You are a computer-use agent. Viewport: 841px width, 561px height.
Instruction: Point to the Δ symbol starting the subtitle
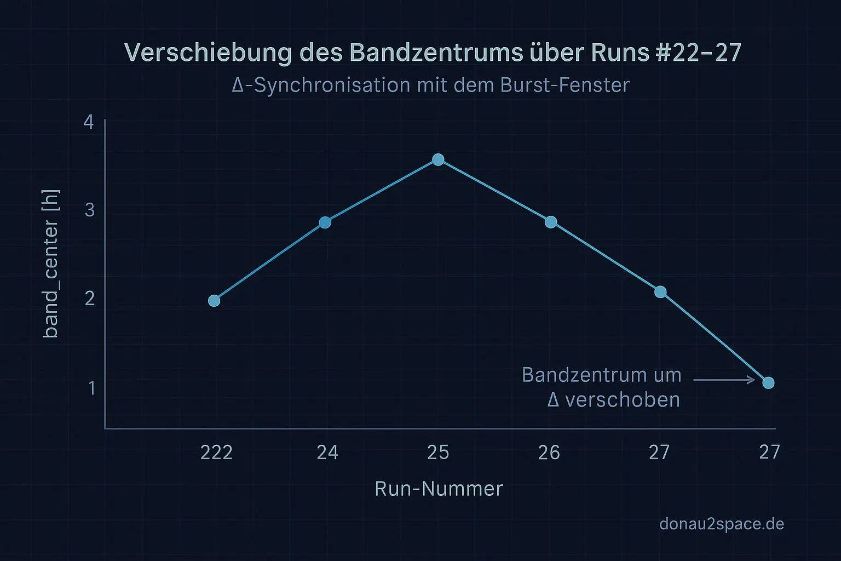click(x=238, y=85)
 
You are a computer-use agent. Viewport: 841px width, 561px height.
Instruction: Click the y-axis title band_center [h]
click(x=51, y=264)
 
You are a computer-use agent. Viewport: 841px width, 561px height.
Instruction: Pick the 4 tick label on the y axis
click(x=89, y=122)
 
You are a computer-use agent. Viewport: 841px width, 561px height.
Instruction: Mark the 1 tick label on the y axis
click(x=91, y=388)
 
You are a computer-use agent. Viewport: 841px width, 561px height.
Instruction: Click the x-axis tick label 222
click(x=216, y=453)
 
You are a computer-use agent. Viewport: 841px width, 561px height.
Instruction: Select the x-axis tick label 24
click(x=327, y=453)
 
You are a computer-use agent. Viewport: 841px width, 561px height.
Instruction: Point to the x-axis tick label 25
click(x=438, y=453)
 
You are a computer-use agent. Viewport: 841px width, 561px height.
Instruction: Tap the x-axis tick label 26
click(x=549, y=453)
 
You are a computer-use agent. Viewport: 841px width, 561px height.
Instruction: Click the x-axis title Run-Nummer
click(x=439, y=489)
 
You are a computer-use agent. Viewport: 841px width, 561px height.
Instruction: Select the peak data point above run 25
click(x=438, y=159)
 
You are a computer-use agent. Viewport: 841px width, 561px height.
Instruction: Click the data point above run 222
click(x=214, y=301)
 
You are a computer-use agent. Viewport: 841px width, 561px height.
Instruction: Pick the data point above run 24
click(x=325, y=222)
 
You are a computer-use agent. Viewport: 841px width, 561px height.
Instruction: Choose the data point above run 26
click(x=551, y=222)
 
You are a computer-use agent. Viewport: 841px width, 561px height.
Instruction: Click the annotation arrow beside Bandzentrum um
click(x=724, y=379)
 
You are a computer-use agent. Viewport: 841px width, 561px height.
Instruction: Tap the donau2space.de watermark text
click(x=722, y=524)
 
